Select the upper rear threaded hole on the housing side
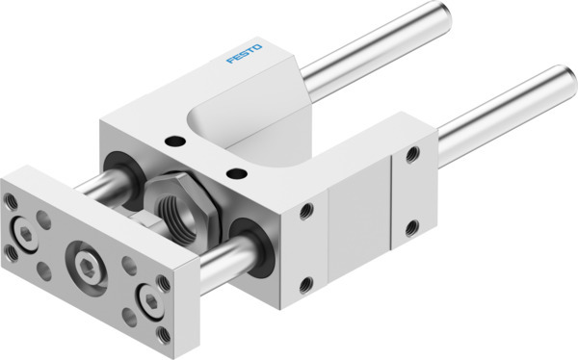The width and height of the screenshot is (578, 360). click(412, 152)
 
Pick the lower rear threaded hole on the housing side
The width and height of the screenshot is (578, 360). click(412, 226)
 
